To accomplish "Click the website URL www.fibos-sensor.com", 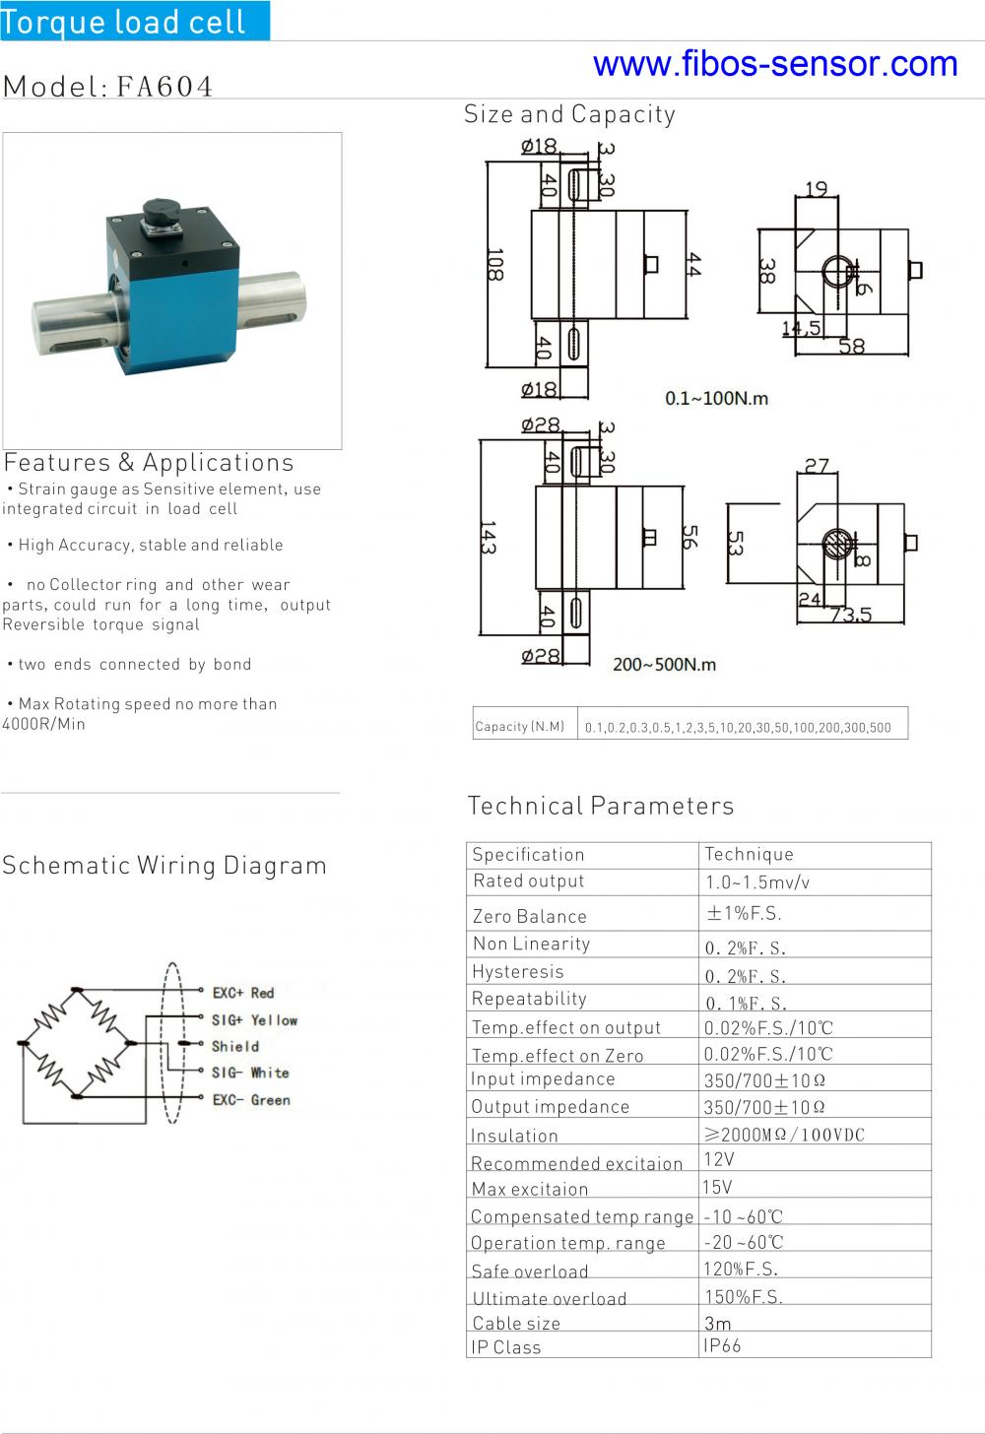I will coord(775,64).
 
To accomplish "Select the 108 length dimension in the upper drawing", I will coord(494,265).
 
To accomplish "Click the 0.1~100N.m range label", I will coord(716,399).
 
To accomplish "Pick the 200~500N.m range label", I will coord(664,665).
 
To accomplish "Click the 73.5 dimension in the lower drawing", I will coord(851,615).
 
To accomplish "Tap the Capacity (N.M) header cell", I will coord(520,727).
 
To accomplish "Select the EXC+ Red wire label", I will coord(243,993).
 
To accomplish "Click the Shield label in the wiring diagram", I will coord(235,1046).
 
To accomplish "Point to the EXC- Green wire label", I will coord(251,1100).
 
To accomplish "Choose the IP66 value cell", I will coord(722,1345).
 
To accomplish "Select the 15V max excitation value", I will coord(718,1187).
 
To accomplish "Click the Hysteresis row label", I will coord(518,972).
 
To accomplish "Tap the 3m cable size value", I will coord(718,1323).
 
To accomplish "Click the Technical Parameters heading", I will coord(601,806).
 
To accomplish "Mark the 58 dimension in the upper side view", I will coord(852,346).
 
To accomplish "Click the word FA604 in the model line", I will coord(164,87).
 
